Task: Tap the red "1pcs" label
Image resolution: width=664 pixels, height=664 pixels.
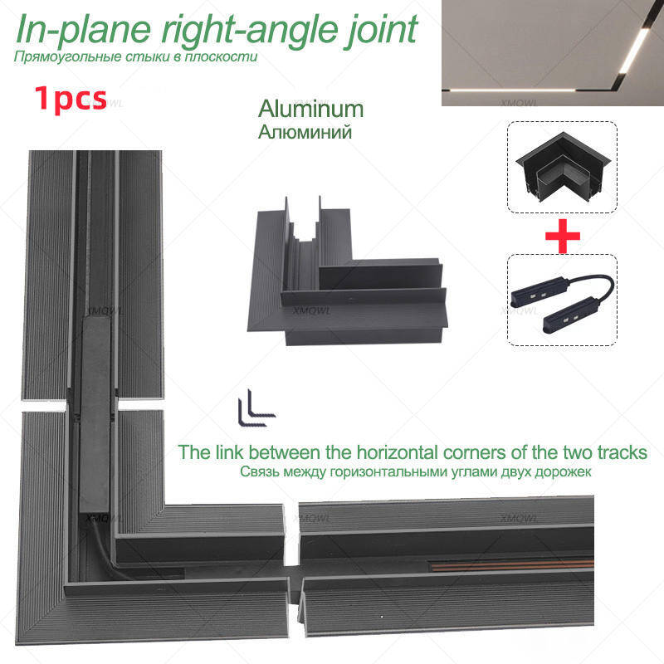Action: pos(71,98)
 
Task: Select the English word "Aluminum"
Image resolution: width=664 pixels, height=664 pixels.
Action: pos(310,109)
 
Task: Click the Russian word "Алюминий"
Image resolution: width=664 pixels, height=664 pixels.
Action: pos(305,132)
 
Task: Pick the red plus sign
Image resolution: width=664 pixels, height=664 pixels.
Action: pos(563,236)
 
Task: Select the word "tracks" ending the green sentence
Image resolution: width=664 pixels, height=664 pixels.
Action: pos(622,452)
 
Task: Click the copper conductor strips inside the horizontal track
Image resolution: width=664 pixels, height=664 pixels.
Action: pos(510,565)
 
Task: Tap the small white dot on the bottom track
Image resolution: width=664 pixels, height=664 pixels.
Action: pos(381,617)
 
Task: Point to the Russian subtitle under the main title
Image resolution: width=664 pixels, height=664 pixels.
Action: pos(135,56)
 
